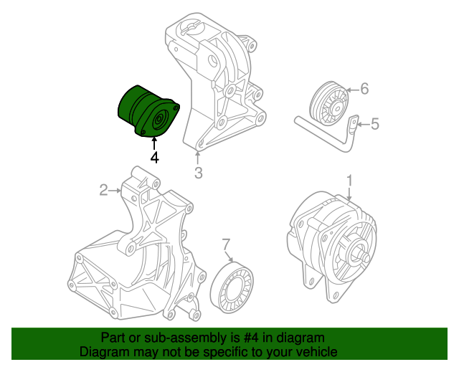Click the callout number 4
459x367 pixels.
tap(154, 157)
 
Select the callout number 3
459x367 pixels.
tap(199, 172)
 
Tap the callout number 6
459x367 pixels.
tap(364, 89)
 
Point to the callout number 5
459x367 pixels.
tap(374, 125)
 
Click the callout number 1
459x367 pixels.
tap(350, 179)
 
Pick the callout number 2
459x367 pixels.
tap(103, 190)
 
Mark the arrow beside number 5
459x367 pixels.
tap(361, 125)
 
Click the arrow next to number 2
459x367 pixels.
tap(115, 190)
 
